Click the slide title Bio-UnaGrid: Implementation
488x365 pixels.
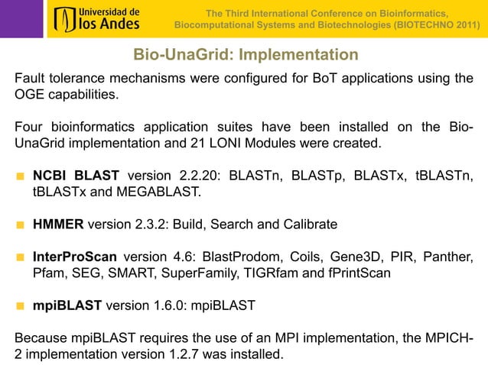pos(245,55)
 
